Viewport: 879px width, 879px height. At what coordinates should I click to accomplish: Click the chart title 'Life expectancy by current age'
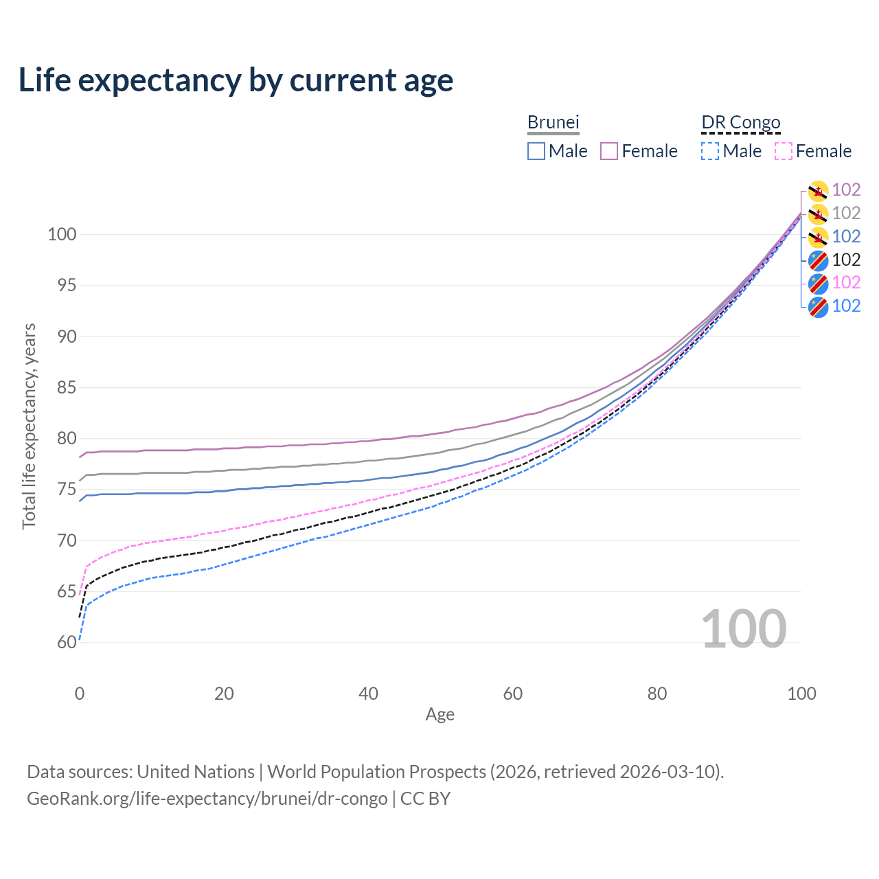236,80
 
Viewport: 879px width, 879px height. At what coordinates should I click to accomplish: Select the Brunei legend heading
553,122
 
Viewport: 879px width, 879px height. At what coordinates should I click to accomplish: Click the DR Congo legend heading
741,122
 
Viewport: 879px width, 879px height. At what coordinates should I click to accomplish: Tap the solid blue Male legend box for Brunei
536,151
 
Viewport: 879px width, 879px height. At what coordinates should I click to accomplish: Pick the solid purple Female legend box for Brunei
609,151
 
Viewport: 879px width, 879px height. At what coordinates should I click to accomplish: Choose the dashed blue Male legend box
710,151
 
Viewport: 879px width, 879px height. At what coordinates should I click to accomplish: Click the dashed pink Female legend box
784,151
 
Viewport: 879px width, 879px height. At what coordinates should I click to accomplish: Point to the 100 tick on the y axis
61,234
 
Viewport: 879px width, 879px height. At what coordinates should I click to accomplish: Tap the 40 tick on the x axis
368,694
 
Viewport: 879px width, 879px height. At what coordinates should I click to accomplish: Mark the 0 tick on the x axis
80,694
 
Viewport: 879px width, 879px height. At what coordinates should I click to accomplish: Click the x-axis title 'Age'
440,715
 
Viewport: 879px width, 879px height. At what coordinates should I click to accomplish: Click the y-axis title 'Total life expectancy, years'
29,426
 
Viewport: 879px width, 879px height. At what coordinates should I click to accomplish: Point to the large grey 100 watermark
744,629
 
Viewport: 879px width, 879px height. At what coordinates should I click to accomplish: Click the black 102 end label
846,260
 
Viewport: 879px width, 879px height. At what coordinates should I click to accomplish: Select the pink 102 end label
846,282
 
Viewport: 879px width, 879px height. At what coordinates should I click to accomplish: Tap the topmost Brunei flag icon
818,190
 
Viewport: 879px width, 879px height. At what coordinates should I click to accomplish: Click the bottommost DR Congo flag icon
818,306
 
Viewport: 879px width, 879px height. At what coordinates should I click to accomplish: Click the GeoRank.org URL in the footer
207,799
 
